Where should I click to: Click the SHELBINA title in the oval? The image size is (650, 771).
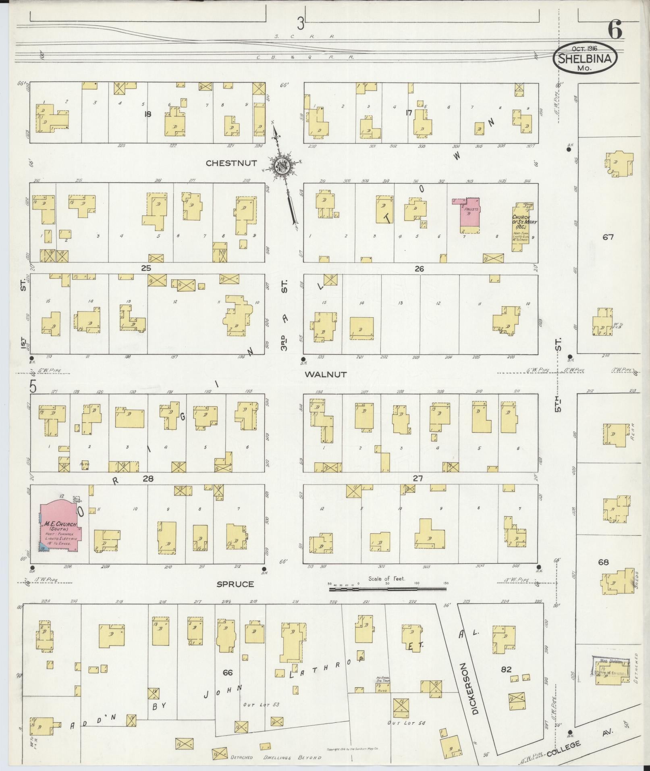[x=587, y=59]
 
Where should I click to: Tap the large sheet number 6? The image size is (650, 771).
[x=615, y=31]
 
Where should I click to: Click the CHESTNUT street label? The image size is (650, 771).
[x=231, y=163]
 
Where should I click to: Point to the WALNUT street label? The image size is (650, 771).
[x=326, y=374]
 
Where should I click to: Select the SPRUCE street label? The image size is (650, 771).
[x=235, y=584]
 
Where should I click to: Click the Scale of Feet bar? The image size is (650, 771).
[x=388, y=589]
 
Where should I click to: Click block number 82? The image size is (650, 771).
[x=506, y=669]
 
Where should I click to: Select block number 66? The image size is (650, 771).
[x=228, y=672]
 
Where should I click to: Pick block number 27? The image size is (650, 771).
[x=418, y=478]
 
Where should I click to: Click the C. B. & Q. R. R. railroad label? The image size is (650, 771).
[x=305, y=57]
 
